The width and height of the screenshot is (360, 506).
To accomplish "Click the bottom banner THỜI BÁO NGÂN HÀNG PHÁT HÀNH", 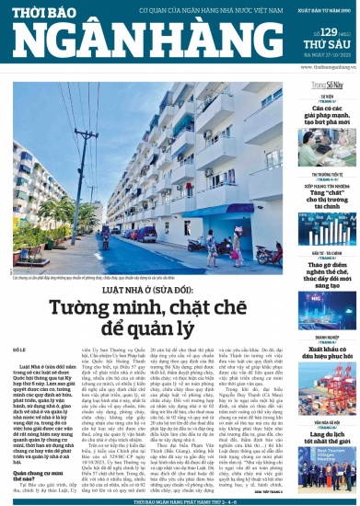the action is click(180, 501).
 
